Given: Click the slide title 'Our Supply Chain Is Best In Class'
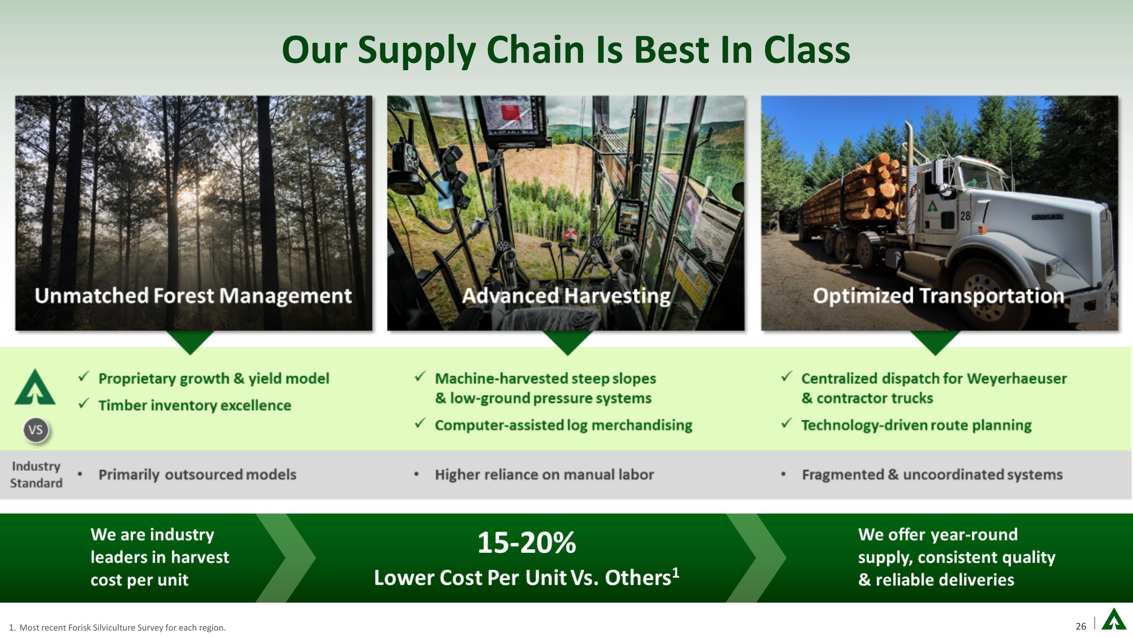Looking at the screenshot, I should [566, 50].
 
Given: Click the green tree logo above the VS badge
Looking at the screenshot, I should [35, 388].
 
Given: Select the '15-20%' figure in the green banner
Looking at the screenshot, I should [526, 543].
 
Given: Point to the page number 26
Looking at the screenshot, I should [1081, 626].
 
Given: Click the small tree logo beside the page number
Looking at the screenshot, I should [1114, 620].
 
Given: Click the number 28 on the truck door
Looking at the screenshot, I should [965, 216].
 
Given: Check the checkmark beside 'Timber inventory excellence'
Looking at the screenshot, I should [83, 403].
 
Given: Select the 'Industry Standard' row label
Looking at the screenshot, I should [36, 474].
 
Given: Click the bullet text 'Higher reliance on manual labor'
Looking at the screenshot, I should [544, 475].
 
